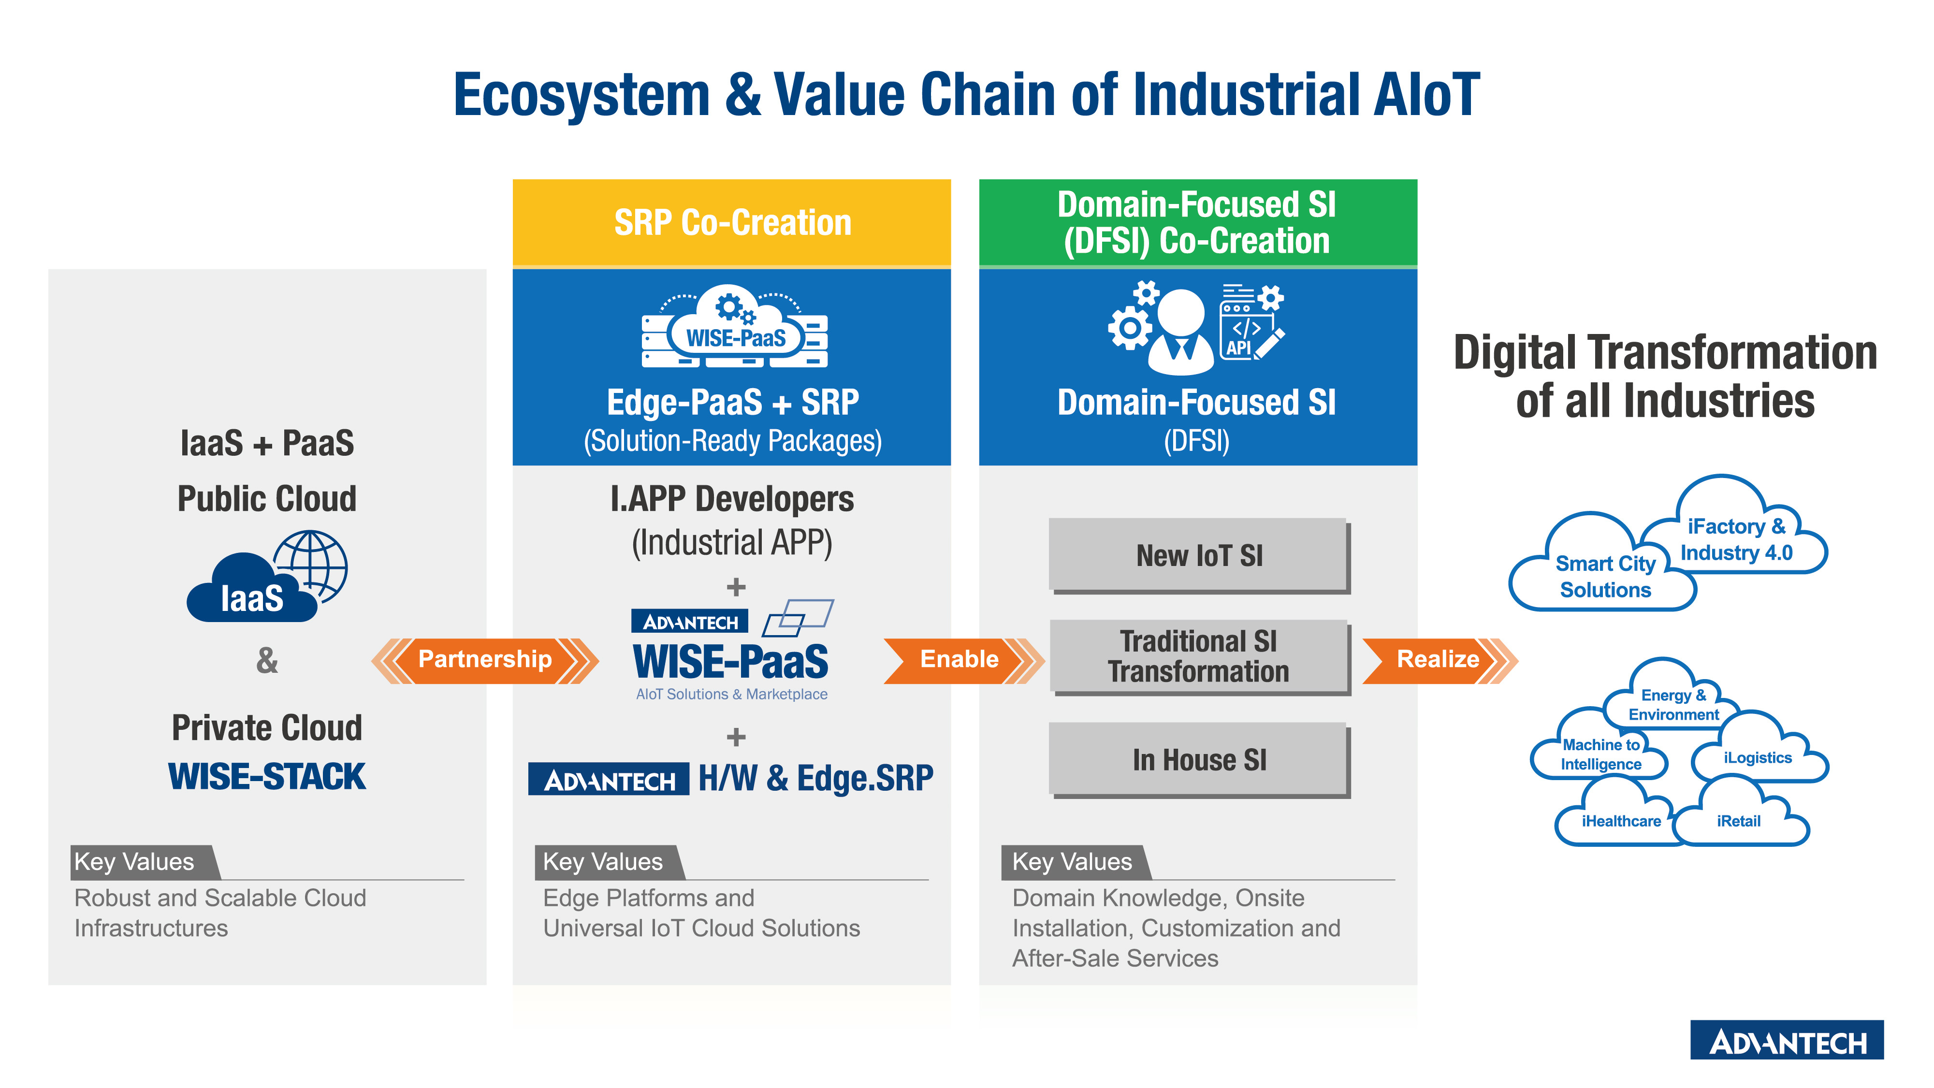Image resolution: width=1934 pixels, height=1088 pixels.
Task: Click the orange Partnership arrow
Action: pos(485,660)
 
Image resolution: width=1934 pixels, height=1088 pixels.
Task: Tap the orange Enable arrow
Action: pos(964,660)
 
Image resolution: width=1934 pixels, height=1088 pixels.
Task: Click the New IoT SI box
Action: pos(1200,556)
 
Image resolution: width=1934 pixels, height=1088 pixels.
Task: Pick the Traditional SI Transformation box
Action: pos(1200,657)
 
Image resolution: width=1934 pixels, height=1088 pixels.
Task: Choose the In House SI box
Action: pos(1200,760)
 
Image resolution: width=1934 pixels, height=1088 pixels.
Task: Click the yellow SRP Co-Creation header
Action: pos(732,223)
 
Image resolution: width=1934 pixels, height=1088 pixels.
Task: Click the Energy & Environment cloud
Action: pos(1672,695)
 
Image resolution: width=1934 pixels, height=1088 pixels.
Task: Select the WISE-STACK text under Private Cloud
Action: pos(267,776)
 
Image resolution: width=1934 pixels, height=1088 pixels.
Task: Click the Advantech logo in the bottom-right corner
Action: pos(1787,1040)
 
